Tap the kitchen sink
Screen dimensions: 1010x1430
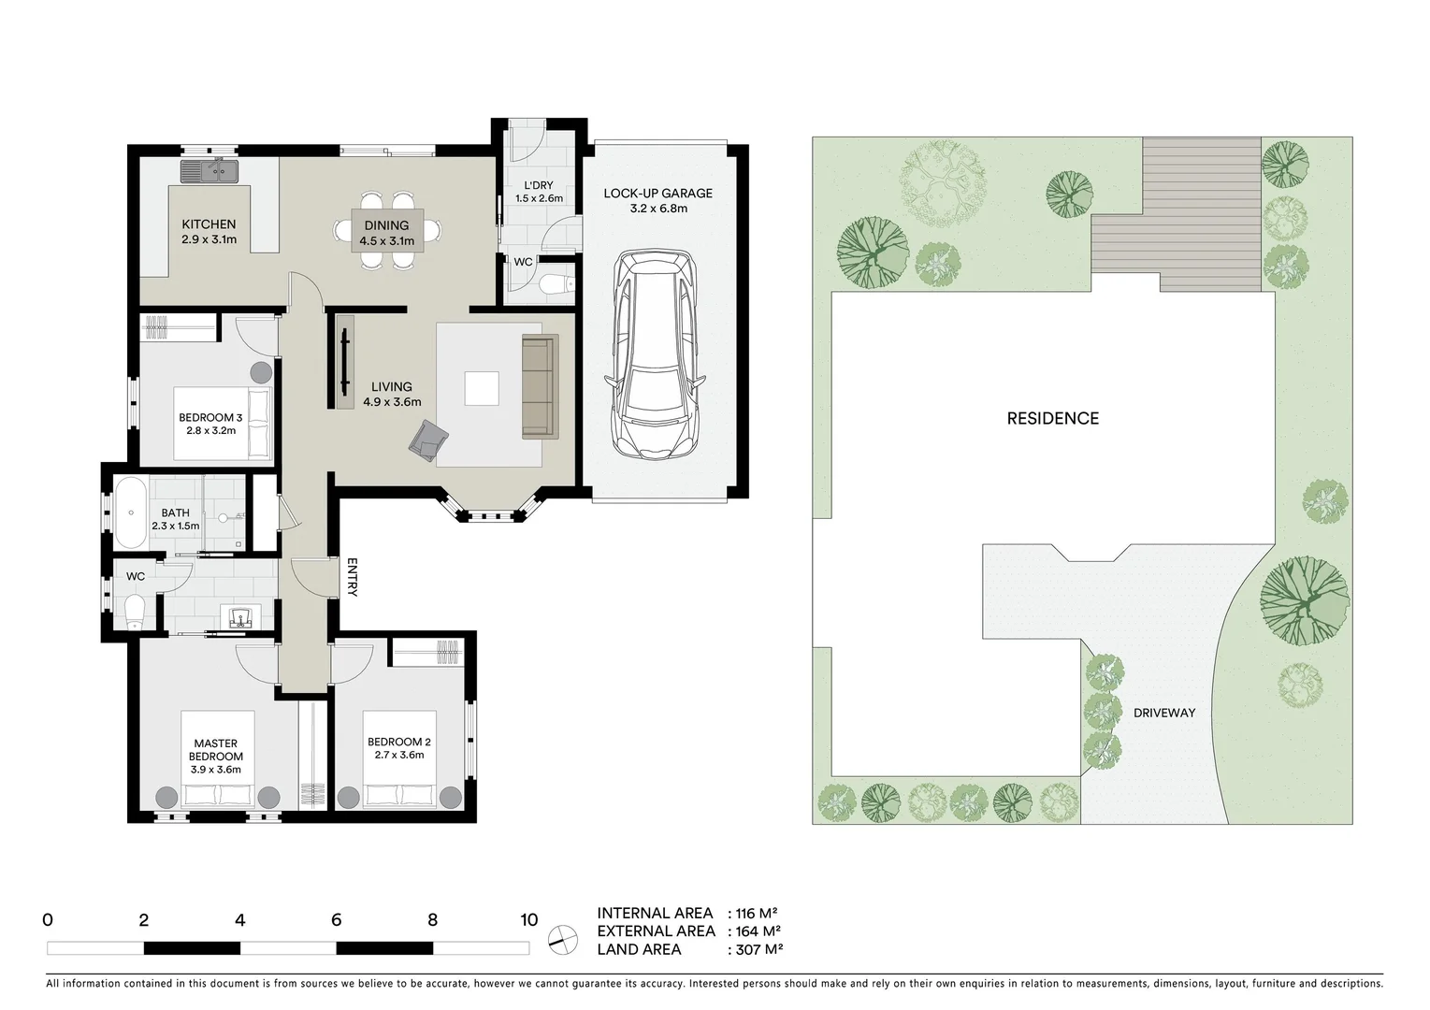209,172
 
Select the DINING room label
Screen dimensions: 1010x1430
386,225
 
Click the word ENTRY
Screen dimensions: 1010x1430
352,577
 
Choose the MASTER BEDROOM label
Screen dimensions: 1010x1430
216,750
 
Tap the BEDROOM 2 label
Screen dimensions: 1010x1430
399,742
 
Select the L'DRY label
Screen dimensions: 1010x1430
539,185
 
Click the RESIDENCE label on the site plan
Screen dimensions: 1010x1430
1052,419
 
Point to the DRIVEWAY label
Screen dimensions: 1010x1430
1164,713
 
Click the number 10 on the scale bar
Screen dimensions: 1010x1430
528,919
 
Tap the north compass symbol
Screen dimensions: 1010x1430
563,938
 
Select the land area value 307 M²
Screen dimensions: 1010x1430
758,949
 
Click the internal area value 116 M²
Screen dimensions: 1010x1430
758,913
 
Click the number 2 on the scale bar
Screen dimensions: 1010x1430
143,919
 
